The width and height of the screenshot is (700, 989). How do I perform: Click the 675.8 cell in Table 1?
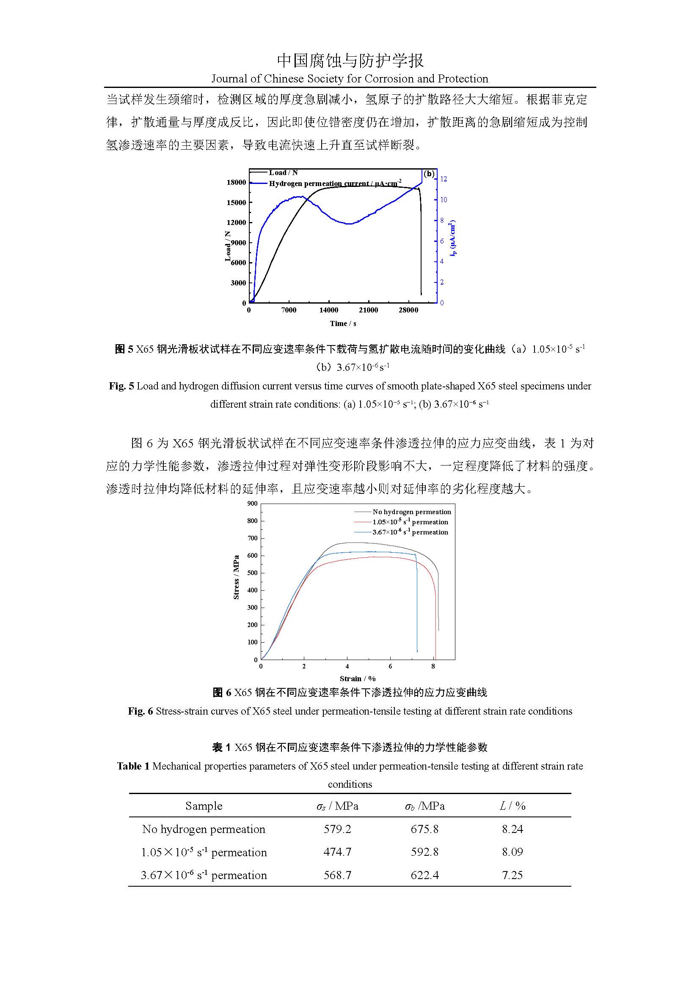pos(424,829)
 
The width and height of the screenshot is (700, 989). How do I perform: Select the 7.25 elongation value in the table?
pos(512,875)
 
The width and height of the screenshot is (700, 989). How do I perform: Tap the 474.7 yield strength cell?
pos(337,852)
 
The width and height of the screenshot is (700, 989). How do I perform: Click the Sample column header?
pos(204,805)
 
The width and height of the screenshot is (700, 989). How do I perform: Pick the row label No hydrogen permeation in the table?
pos(204,829)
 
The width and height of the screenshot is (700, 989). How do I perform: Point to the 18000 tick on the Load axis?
pos(236,182)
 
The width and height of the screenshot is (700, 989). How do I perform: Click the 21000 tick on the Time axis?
pos(369,310)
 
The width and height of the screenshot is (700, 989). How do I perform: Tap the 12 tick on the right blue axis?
pos(444,179)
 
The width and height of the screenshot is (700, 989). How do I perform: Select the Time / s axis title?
pos(343,323)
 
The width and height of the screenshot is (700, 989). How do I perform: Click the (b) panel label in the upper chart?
pos(429,174)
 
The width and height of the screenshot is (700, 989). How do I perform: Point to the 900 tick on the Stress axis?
pos(253,504)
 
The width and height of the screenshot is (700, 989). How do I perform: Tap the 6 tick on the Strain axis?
pos(391,666)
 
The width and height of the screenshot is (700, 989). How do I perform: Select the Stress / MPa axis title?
pos(236,577)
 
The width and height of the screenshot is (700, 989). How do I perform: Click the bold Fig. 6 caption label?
pos(140,711)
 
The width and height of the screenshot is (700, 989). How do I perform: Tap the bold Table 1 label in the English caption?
pos(133,766)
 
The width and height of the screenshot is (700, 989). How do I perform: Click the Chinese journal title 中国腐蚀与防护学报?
pos(350,61)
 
